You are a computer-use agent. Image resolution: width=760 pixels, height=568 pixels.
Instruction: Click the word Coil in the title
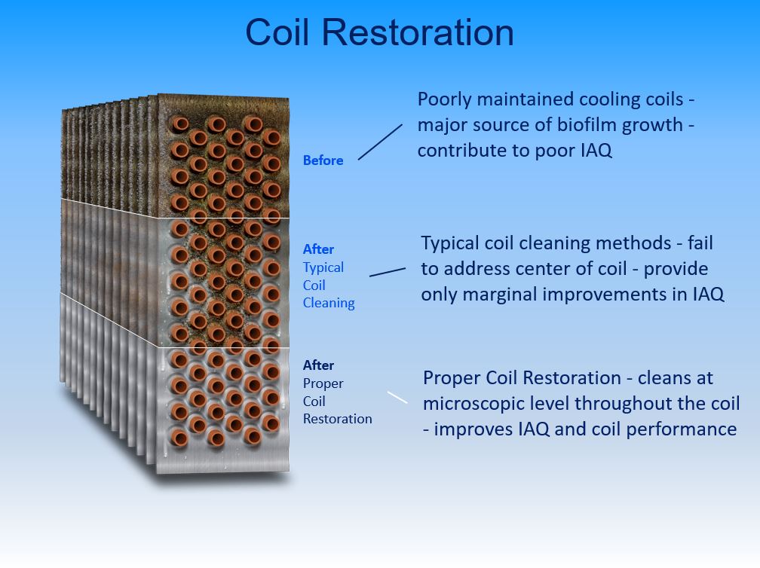pyautogui.click(x=277, y=32)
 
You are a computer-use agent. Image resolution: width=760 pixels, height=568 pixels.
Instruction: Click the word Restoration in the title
pyautogui.click(x=418, y=32)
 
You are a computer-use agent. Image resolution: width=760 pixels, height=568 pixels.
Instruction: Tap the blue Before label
pyautogui.click(x=323, y=160)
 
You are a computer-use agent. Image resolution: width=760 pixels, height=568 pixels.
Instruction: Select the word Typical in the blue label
pyautogui.click(x=323, y=267)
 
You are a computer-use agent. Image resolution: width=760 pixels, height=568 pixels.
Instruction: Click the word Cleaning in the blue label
pyautogui.click(x=329, y=303)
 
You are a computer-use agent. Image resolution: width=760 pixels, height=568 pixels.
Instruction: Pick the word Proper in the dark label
pyautogui.click(x=323, y=383)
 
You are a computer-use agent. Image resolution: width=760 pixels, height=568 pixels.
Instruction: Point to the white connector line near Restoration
pyautogui.click(x=397, y=397)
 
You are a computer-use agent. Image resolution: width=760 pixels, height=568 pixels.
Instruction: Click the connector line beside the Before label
pyautogui.click(x=381, y=142)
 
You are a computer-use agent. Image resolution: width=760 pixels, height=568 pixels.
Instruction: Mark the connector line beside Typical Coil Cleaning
pyautogui.click(x=388, y=272)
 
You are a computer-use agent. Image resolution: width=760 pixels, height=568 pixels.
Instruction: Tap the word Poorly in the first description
pyautogui.click(x=445, y=99)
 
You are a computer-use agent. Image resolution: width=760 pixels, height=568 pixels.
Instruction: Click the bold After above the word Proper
pyautogui.click(x=318, y=365)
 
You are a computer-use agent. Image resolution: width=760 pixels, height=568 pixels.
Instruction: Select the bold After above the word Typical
pyautogui.click(x=318, y=249)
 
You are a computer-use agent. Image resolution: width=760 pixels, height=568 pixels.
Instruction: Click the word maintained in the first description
pyautogui.click(x=526, y=99)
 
